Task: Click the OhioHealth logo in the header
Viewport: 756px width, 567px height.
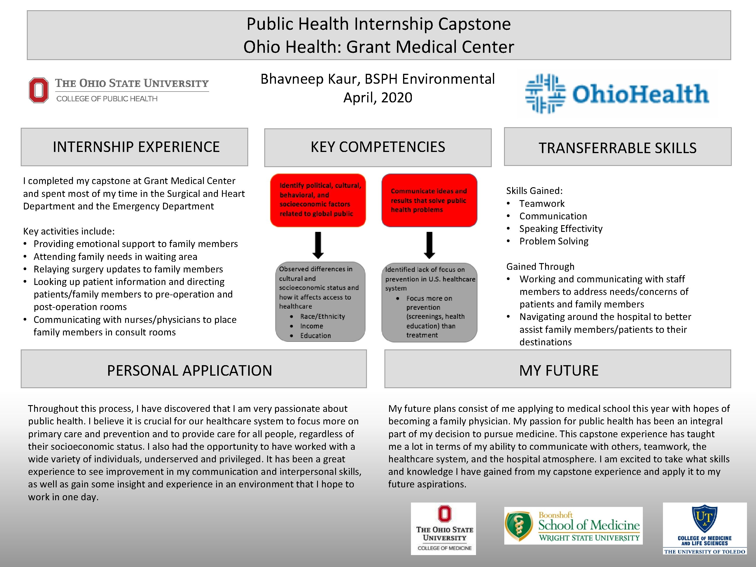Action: [617, 94]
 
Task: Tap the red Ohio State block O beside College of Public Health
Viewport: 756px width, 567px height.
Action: [38, 90]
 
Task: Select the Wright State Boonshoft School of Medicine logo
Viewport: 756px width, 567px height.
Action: [573, 526]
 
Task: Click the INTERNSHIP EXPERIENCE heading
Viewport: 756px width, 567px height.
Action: [136, 147]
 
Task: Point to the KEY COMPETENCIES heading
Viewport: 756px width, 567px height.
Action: [378, 147]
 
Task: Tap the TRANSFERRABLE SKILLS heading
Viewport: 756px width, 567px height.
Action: [617, 148]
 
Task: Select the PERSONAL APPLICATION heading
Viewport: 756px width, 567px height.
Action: [190, 370]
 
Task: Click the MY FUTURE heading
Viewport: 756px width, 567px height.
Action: [559, 370]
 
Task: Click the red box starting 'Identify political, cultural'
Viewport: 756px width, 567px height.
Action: [318, 200]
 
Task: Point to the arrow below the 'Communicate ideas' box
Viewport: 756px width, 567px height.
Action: [430, 245]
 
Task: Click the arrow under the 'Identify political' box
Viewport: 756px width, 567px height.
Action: [318, 245]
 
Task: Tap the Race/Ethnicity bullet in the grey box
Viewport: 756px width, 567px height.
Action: [322, 316]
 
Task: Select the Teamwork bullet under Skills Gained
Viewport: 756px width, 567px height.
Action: [542, 204]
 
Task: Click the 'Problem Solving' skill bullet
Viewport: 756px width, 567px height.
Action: [554, 241]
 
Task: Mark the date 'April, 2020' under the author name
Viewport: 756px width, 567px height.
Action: [378, 98]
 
